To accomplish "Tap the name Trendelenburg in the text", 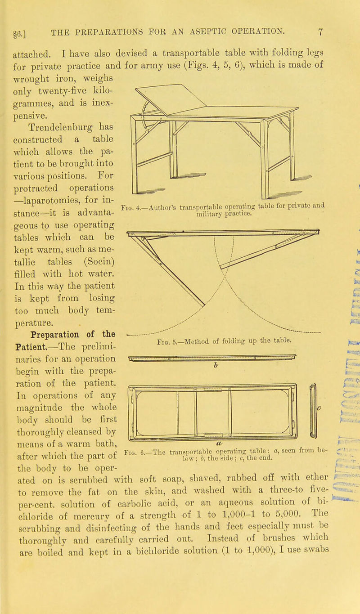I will point(61,108).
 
